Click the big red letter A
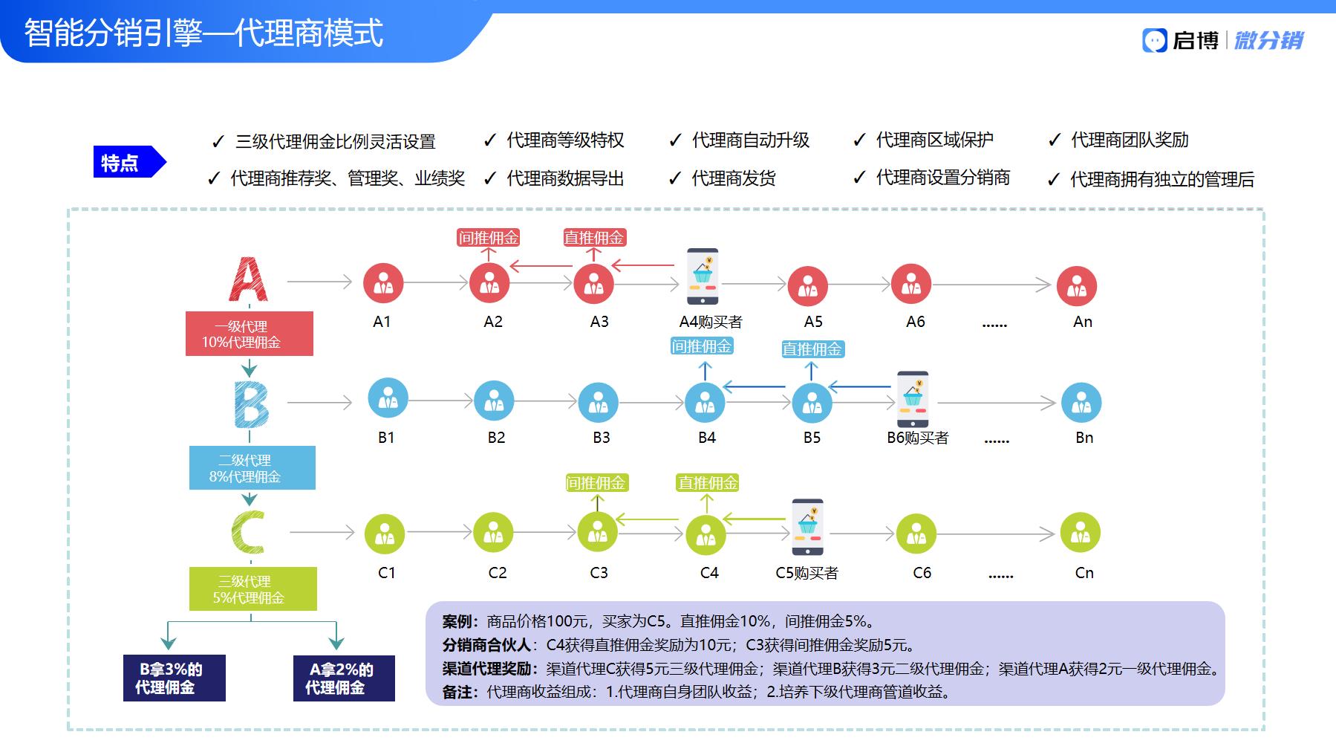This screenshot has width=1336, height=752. point(249,279)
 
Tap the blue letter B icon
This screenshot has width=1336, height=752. point(251,405)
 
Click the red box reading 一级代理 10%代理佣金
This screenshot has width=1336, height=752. point(250,334)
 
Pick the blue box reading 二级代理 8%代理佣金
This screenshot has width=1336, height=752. point(252,467)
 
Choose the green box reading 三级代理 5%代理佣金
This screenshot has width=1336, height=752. point(253,589)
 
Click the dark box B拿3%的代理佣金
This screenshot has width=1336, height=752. point(175,678)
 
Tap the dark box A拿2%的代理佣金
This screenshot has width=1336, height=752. point(344,678)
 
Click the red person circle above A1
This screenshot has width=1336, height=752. point(383,283)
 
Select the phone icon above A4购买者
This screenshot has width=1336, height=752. point(703,276)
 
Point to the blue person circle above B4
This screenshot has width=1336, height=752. point(705,403)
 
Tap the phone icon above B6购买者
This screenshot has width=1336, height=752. point(913,399)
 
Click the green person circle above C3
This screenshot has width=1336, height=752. point(597,531)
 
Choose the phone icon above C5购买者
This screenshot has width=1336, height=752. point(807,527)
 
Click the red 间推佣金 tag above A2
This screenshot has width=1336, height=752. point(488,238)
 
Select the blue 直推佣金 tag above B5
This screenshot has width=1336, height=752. point(812,349)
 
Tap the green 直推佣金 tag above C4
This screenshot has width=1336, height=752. point(708,483)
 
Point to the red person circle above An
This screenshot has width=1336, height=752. point(1077,286)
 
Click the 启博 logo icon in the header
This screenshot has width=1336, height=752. point(1155,40)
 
